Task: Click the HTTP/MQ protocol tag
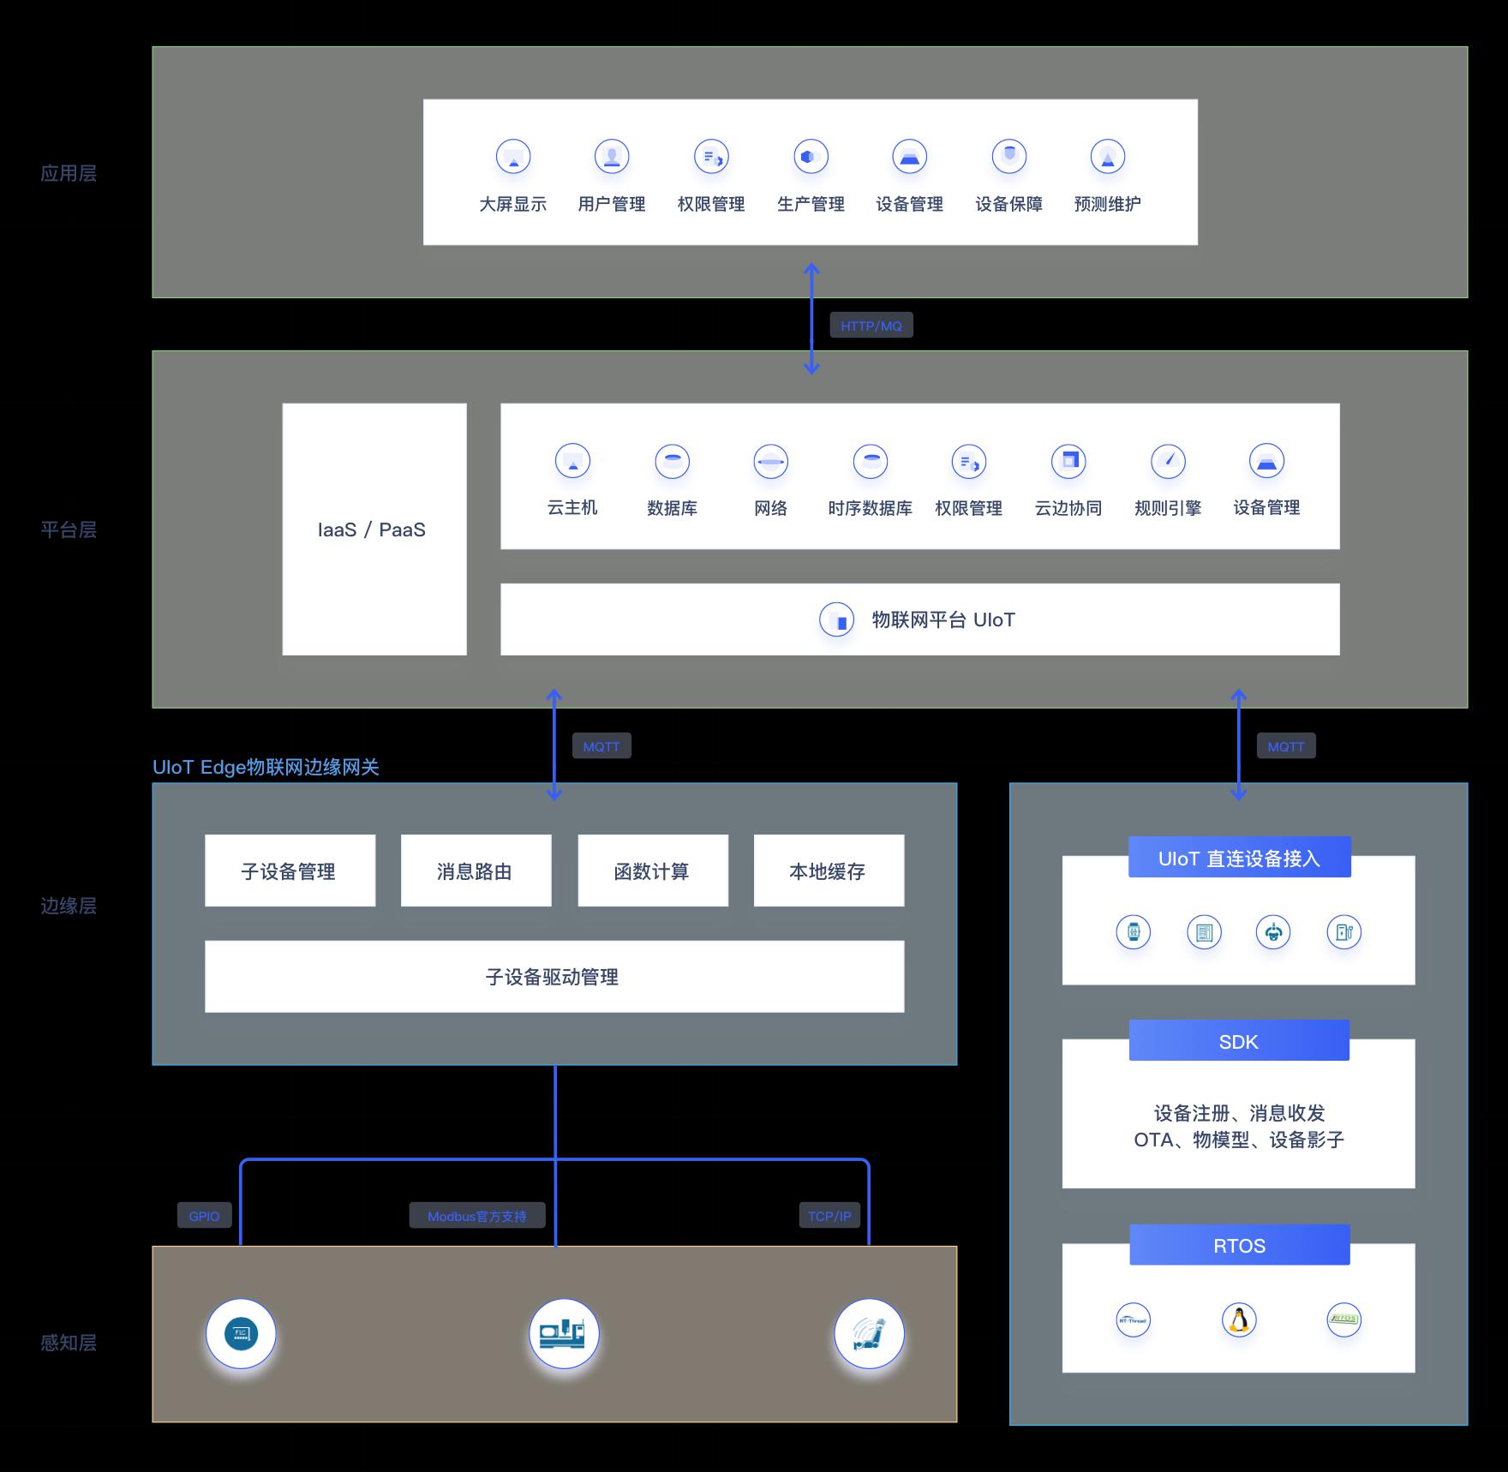coord(871,326)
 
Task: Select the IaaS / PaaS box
coord(374,530)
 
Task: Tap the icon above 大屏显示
coord(513,157)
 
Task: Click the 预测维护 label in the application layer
coord(1107,204)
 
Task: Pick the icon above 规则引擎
coord(1168,461)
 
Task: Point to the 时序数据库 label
coord(870,508)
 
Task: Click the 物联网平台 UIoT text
coord(942,619)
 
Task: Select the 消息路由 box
coord(476,871)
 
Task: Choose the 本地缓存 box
coord(829,871)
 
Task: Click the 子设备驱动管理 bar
coord(554,977)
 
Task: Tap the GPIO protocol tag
coord(204,1216)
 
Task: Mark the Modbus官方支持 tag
coord(477,1216)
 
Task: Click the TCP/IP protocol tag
coord(829,1216)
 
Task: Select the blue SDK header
coord(1239,1041)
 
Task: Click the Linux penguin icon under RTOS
coord(1239,1319)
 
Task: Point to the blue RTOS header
coord(1239,1245)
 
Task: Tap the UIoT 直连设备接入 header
coord(1239,858)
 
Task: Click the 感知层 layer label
coord(69,1342)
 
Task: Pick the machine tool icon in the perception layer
coord(563,1333)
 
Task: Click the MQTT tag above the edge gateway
coord(601,746)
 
